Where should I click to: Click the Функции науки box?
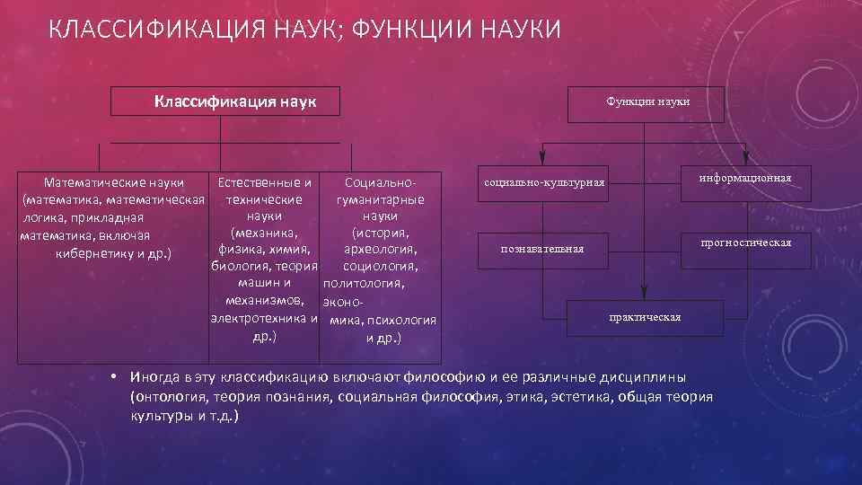point(647,101)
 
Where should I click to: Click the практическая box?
point(645,317)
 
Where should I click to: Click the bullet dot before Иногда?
point(114,375)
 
